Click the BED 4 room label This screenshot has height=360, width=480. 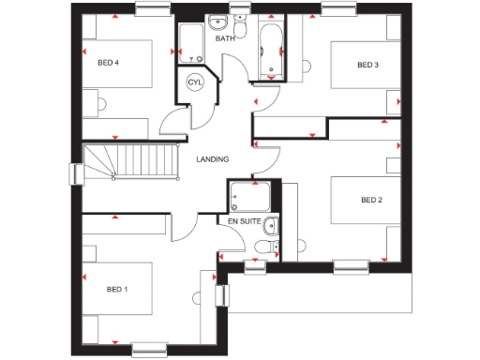pos(109,64)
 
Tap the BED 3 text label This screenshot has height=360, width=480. pos(367,65)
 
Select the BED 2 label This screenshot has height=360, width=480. pos(372,200)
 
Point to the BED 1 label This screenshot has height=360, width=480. pos(116,289)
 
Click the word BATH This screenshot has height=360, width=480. pos(225,39)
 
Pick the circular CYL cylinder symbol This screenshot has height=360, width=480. pos(195,82)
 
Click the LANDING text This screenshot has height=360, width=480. pos(212,159)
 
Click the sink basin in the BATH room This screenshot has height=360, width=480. pos(217,22)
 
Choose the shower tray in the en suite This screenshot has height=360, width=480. pos(249,197)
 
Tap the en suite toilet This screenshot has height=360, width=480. pos(264,246)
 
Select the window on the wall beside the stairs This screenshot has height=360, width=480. pos(75,174)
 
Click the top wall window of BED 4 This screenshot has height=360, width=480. pos(149,9)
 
